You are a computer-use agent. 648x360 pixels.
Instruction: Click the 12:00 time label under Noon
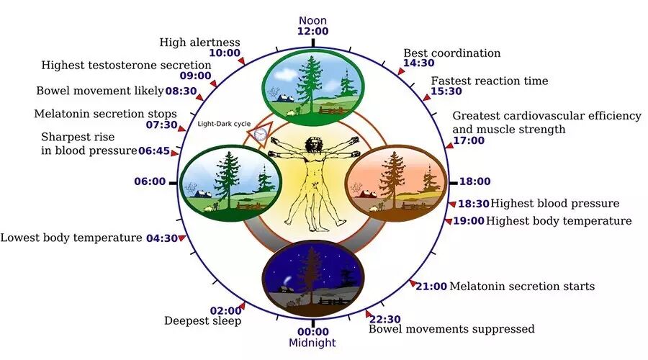312,32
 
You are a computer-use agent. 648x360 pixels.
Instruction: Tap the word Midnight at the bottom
312,343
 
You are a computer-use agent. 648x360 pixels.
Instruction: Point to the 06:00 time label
150,182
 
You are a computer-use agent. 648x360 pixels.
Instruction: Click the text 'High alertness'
200,42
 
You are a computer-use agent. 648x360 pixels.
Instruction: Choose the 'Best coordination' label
451,53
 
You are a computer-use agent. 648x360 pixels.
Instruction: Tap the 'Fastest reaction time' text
489,81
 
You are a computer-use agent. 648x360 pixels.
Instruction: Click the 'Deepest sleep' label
202,321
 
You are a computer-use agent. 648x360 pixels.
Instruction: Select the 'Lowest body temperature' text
71,238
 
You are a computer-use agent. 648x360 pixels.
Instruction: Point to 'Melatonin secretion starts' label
522,286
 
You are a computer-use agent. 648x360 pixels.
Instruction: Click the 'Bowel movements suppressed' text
451,329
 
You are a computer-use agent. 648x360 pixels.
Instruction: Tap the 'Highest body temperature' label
559,221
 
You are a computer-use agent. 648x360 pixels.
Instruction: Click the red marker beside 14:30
402,71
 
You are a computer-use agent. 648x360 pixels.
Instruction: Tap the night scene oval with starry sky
313,277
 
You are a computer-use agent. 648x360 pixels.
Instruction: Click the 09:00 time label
197,76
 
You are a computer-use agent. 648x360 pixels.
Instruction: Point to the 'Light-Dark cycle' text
224,124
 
